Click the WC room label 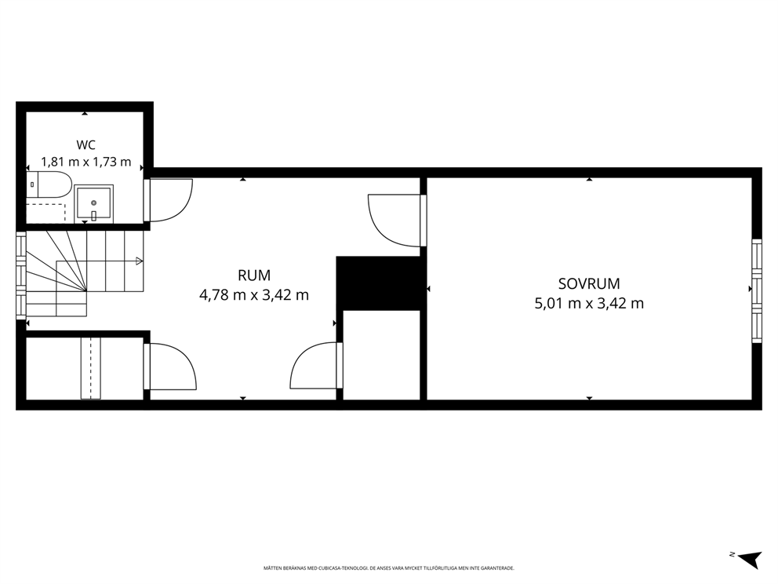(x=85, y=145)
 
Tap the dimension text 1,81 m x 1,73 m (x=85, y=162)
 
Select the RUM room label (x=254, y=275)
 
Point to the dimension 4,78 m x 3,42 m (x=254, y=295)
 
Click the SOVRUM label (x=589, y=283)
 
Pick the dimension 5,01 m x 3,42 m (x=589, y=304)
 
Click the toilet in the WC (x=49, y=184)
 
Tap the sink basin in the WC (x=94, y=204)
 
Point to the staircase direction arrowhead (x=140, y=261)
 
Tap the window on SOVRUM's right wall (x=757, y=291)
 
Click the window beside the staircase (x=21, y=276)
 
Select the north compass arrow (x=750, y=559)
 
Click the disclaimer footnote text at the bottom (x=388, y=568)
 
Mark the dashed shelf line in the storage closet (x=90, y=368)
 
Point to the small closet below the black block (x=382, y=355)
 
